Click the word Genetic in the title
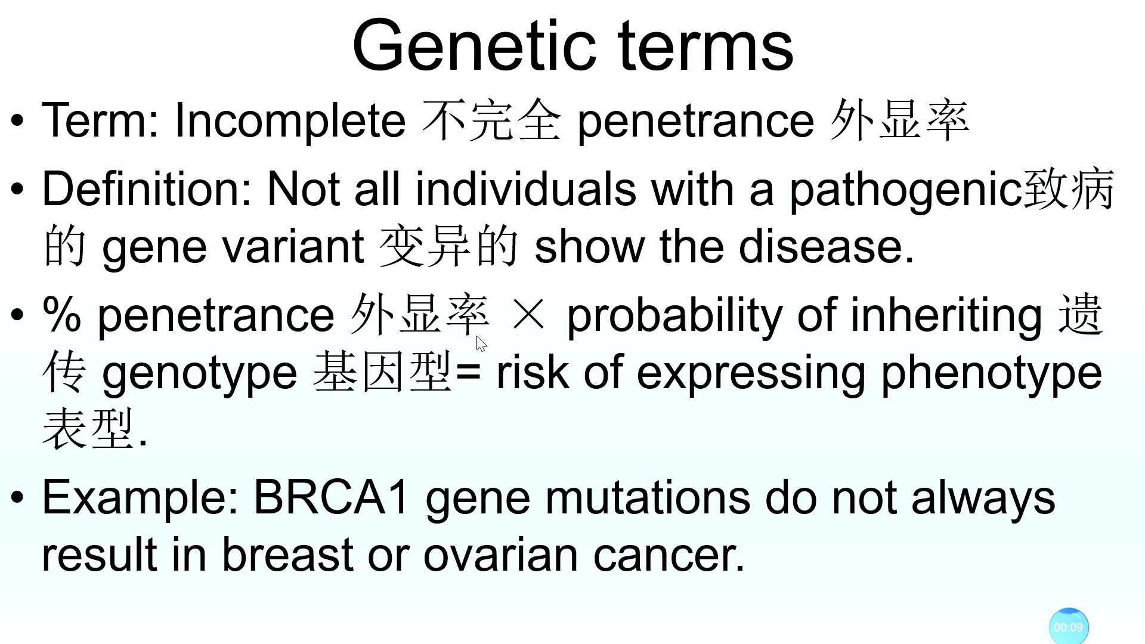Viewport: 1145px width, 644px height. (474, 45)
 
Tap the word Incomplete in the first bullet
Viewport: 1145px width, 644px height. (290, 120)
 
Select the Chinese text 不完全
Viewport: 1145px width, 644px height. (491, 120)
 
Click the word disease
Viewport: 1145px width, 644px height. (821, 247)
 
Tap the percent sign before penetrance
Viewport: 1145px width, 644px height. (61, 314)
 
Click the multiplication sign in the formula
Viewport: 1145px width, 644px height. (528, 314)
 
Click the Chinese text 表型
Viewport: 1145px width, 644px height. (88, 428)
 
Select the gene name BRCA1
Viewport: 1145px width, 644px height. (332, 497)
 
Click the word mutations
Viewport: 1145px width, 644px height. (648, 497)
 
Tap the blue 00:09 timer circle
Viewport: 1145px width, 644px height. (1069, 627)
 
